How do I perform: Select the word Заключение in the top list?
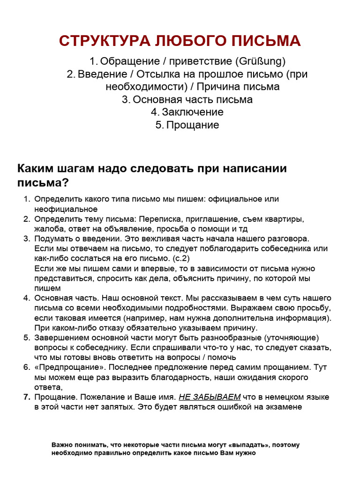193,112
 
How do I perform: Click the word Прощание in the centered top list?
193,125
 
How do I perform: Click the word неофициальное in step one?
66,209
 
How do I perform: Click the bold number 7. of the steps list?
27,397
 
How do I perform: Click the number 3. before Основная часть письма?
126,99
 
